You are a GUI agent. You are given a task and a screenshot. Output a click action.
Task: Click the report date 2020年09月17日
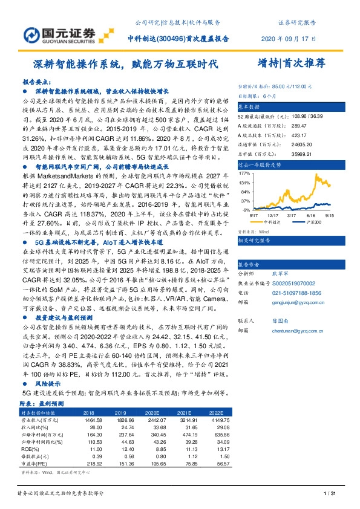pos(288,38)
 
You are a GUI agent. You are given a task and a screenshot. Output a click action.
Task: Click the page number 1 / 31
pos(330,493)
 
